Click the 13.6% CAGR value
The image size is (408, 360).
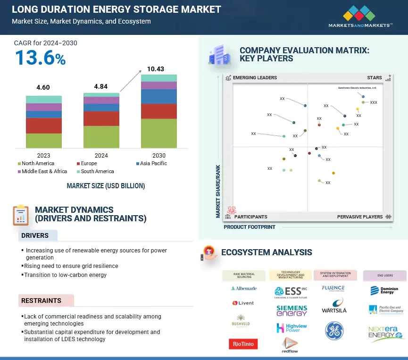40,58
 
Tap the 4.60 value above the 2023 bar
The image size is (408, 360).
43,87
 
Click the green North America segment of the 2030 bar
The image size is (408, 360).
158,133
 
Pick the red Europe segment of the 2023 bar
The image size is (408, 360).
44,126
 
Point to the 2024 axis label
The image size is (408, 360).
101,155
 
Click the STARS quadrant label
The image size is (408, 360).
375,78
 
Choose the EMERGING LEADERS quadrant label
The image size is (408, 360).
255,78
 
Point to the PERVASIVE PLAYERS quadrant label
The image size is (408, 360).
360,217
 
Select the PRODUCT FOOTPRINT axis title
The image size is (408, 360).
250,227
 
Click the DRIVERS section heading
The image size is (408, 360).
35,235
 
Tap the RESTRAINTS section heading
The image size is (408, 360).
41,301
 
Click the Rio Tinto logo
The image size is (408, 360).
243,344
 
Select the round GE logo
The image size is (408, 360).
334,331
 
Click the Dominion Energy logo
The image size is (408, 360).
384,290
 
